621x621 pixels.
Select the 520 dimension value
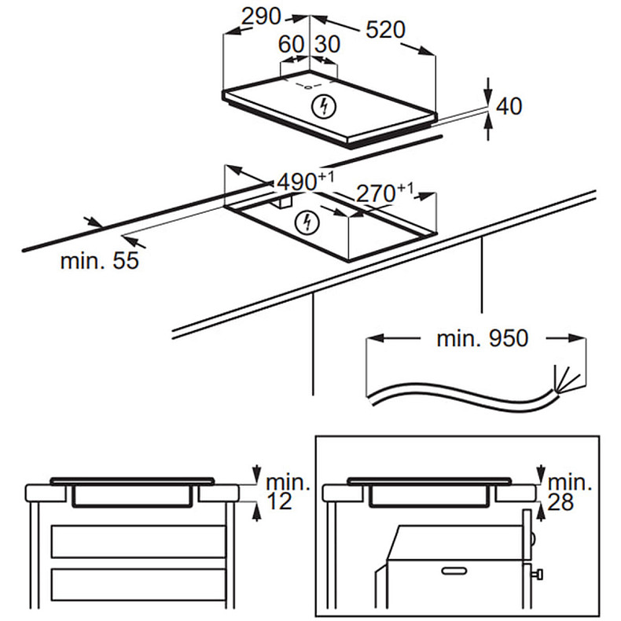pyautogui.click(x=384, y=29)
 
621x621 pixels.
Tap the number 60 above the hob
pyautogui.click(x=291, y=45)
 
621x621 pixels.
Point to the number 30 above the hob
pyautogui.click(x=327, y=45)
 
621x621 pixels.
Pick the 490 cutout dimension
pyautogui.click(x=296, y=181)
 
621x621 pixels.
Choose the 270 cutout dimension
pyautogui.click(x=380, y=193)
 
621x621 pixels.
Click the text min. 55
pyautogui.click(x=99, y=261)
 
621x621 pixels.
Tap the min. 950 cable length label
pyautogui.click(x=482, y=339)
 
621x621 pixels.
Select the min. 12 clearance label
pyautogui.click(x=279, y=491)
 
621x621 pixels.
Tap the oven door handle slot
pyautogui.click(x=457, y=568)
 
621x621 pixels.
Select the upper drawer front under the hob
pyautogui.click(x=138, y=542)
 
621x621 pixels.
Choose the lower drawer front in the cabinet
pyautogui.click(x=138, y=586)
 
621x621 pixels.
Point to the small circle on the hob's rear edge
pyautogui.click(x=308, y=86)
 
